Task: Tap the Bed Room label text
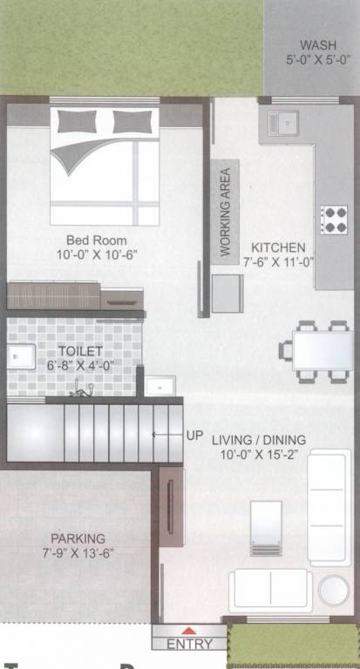96,240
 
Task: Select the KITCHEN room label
278,247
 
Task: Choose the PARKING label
78,538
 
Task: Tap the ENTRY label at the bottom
188,644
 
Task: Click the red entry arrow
187,631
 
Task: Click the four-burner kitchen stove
334,219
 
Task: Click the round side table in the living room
333,590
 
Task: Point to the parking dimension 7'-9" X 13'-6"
78,553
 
